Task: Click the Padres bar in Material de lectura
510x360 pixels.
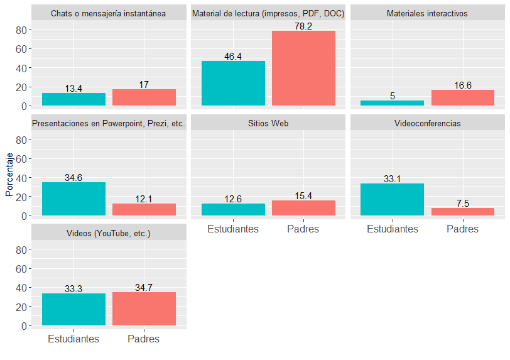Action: pos(303,68)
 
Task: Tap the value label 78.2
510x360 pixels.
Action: pos(303,26)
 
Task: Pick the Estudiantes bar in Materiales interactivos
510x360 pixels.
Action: pos(392,103)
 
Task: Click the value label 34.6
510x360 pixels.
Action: pos(73,178)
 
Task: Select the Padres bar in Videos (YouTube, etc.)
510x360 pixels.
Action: pos(144,309)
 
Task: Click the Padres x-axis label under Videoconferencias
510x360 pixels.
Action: pos(462,229)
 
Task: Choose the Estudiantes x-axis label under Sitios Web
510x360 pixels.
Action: pos(233,229)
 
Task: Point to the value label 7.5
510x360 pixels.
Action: pos(462,204)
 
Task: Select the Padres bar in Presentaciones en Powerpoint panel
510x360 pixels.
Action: pos(144,210)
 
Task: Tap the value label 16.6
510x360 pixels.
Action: pos(462,85)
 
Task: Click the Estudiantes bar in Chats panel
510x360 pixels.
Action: pos(73,99)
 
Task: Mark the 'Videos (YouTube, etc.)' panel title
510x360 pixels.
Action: pos(108,233)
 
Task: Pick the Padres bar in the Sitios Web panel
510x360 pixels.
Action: pos(303,208)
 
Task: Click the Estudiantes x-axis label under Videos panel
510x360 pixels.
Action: pos(73,339)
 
